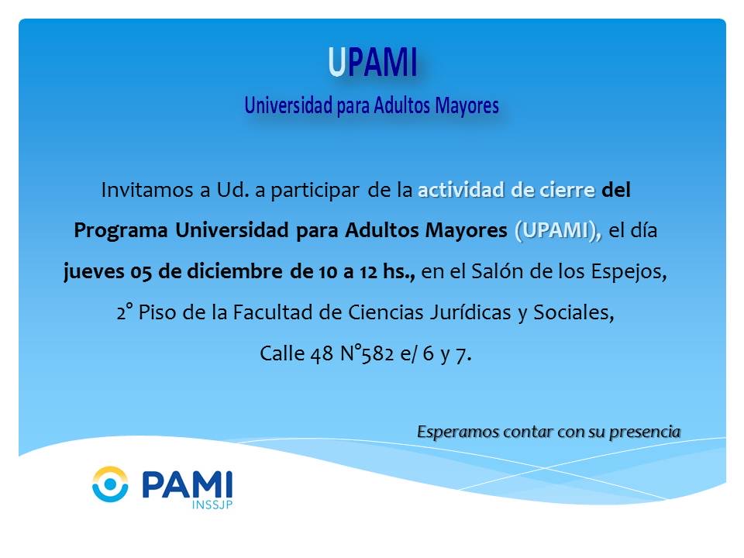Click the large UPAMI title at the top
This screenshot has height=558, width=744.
373,62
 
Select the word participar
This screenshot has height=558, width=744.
315,191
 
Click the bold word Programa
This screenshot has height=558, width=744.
121,231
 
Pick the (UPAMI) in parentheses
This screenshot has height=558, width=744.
558,231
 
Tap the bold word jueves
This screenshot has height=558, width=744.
94,272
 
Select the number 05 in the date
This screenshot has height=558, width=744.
141,272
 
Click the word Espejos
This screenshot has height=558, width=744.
629,272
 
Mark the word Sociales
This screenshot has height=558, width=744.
573,312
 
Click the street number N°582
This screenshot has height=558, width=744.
367,353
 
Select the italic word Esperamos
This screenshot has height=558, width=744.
458,432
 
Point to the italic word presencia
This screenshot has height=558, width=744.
645,432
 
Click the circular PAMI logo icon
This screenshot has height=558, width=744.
110,484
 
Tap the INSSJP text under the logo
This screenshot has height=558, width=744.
212,505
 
